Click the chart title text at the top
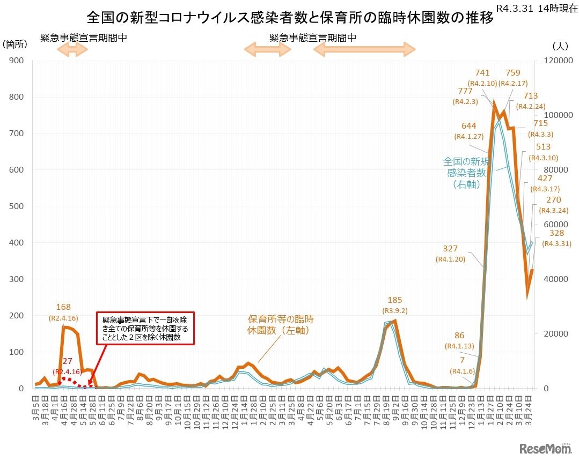click(x=289, y=18)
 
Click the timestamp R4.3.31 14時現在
click(x=535, y=9)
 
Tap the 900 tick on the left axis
click(x=16, y=61)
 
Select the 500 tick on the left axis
click(x=16, y=206)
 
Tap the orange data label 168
click(x=63, y=307)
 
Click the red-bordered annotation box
click(x=144, y=328)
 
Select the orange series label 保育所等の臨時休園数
click(x=280, y=325)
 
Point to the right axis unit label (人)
click(x=559, y=46)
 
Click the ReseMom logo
click(x=545, y=448)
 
